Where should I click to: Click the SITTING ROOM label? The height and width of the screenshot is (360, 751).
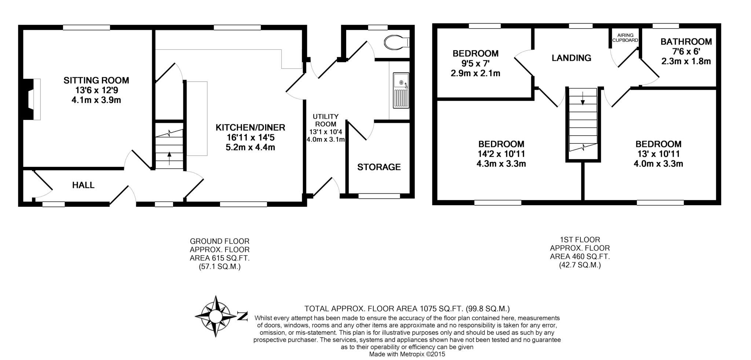pyautogui.click(x=96, y=80)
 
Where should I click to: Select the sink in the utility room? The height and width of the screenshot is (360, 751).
pyautogui.click(x=401, y=91)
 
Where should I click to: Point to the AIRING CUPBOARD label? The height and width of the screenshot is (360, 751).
pyautogui.click(x=625, y=38)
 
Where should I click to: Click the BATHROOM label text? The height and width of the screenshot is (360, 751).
pyautogui.click(x=686, y=42)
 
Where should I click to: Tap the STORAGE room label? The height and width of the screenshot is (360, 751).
pyautogui.click(x=379, y=167)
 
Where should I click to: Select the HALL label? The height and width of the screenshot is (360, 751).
pyautogui.click(x=83, y=185)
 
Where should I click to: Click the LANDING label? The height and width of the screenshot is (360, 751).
pyautogui.click(x=571, y=58)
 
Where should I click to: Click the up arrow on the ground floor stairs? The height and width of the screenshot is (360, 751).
pyautogui.click(x=169, y=158)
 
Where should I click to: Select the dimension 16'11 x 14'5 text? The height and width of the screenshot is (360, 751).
pyautogui.click(x=250, y=137)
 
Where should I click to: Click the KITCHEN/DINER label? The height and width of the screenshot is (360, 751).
pyautogui.click(x=250, y=128)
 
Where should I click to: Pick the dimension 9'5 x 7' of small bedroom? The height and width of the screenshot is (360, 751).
pyautogui.click(x=475, y=63)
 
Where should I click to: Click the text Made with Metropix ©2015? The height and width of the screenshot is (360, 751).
pyautogui.click(x=407, y=354)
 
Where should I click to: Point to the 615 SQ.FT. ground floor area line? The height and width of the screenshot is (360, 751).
pyautogui.click(x=219, y=258)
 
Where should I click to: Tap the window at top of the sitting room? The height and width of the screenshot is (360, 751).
pyautogui.click(x=86, y=27)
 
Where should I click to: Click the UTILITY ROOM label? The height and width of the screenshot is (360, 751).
pyautogui.click(x=326, y=120)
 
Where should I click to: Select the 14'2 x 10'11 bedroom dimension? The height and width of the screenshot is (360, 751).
pyautogui.click(x=501, y=154)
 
